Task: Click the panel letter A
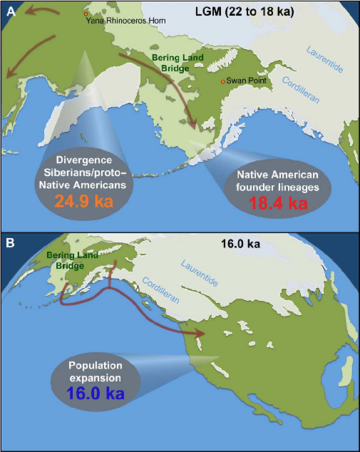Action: tap(10, 9)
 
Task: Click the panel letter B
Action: tap(10, 243)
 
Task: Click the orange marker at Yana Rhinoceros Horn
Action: tap(88, 13)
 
